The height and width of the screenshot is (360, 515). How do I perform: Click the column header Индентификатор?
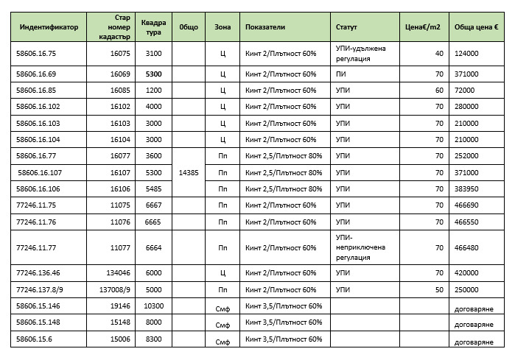pos(49,27)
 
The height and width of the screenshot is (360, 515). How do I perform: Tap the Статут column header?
pos(346,27)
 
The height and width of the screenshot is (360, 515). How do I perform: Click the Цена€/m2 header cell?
pos(424,27)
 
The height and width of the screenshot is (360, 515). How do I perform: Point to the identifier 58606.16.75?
pos(36,54)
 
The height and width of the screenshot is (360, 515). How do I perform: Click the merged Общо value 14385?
pos(189,173)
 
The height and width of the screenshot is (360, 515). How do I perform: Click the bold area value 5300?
pos(153,74)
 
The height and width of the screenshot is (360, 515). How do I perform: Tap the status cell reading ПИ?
pos(340,74)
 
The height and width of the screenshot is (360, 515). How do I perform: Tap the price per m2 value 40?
pos(439,54)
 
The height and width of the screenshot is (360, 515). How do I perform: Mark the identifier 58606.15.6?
pos(34,339)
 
